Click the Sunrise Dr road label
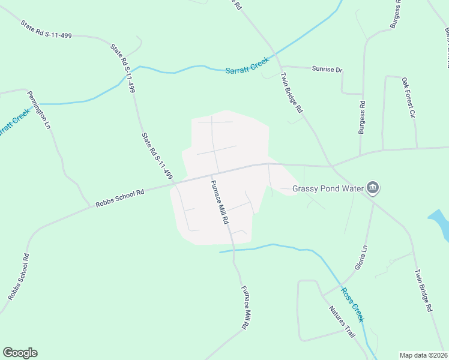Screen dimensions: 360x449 click(x=327, y=70)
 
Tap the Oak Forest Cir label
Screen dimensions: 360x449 click(x=408, y=97)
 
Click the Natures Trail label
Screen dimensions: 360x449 click(x=340, y=322)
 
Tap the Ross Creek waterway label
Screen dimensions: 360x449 click(x=352, y=303)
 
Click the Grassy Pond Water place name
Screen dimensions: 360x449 click(x=328, y=188)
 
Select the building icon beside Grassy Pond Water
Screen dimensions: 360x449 click(x=373, y=188)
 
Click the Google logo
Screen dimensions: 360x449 click(x=20, y=353)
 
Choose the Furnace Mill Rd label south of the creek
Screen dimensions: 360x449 click(x=245, y=307)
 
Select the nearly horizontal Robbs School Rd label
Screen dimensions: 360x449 click(x=120, y=199)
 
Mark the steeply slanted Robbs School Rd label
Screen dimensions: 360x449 click(x=18, y=277)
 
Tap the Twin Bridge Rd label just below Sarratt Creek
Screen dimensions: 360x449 click(x=293, y=93)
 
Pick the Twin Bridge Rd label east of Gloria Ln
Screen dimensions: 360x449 click(x=423, y=290)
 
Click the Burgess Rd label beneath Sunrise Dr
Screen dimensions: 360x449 click(x=361, y=116)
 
